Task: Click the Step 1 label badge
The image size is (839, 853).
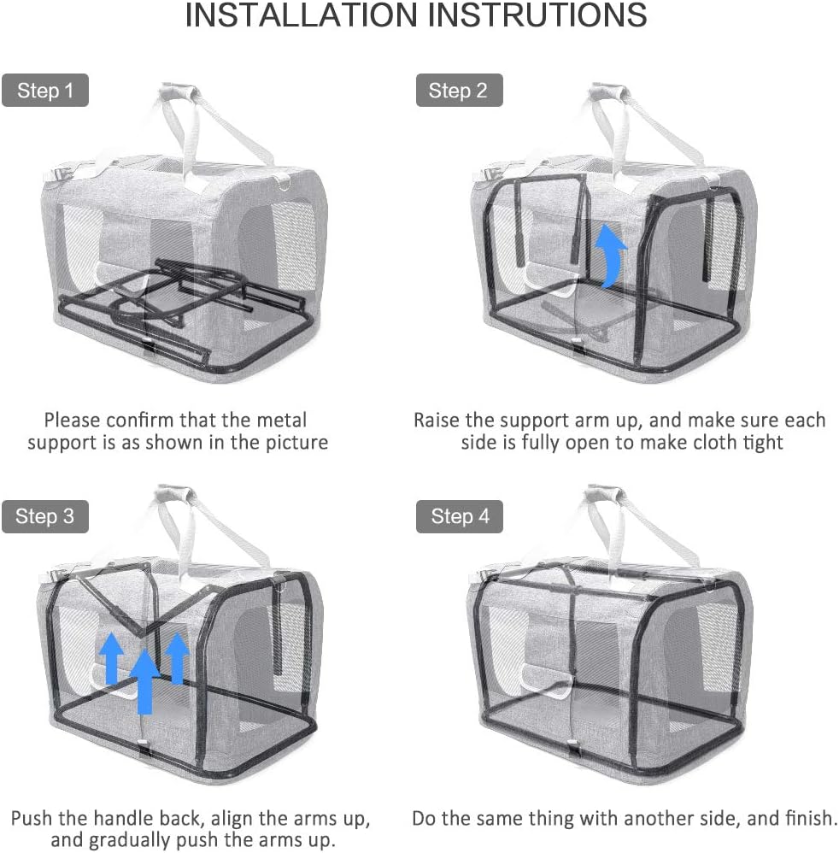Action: (44, 91)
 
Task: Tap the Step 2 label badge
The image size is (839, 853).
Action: (458, 91)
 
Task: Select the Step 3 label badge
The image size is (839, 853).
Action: (44, 516)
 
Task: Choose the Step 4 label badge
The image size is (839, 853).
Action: (460, 516)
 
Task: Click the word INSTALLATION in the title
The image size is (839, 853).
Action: (304, 16)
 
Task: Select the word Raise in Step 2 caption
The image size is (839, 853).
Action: (437, 420)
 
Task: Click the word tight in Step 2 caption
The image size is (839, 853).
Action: (762, 443)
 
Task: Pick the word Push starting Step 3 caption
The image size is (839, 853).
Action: (32, 818)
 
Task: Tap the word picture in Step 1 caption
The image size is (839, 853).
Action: (296, 443)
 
